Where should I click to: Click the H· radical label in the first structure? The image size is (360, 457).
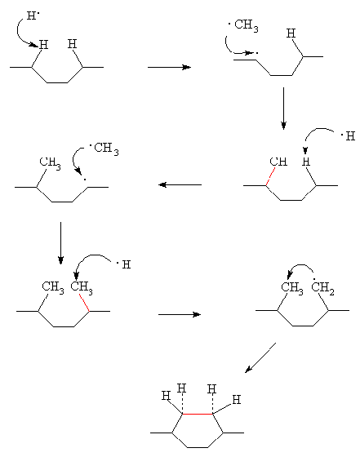33,16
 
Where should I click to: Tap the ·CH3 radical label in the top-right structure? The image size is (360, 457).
243,25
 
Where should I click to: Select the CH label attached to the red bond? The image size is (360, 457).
278,162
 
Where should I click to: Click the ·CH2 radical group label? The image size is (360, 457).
323,288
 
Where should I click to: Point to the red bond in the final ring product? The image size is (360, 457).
198,414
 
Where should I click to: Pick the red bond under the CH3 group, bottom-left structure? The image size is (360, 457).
84,303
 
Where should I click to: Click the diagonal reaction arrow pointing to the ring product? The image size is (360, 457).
260,357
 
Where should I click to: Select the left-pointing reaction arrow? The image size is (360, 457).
180,184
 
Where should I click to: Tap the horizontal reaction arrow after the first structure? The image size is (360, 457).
169,67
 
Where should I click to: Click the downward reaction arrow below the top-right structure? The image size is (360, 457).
283,108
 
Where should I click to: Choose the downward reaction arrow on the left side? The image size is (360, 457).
60,243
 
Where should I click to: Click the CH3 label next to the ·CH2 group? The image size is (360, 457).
292,288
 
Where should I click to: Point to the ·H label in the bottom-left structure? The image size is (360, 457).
123,264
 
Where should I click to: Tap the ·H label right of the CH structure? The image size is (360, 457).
348,135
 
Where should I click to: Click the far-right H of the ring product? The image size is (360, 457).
237,400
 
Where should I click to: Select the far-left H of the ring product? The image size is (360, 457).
166,396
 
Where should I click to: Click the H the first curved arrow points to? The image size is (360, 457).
43,45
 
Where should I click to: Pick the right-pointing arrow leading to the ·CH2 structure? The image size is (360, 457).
180,314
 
